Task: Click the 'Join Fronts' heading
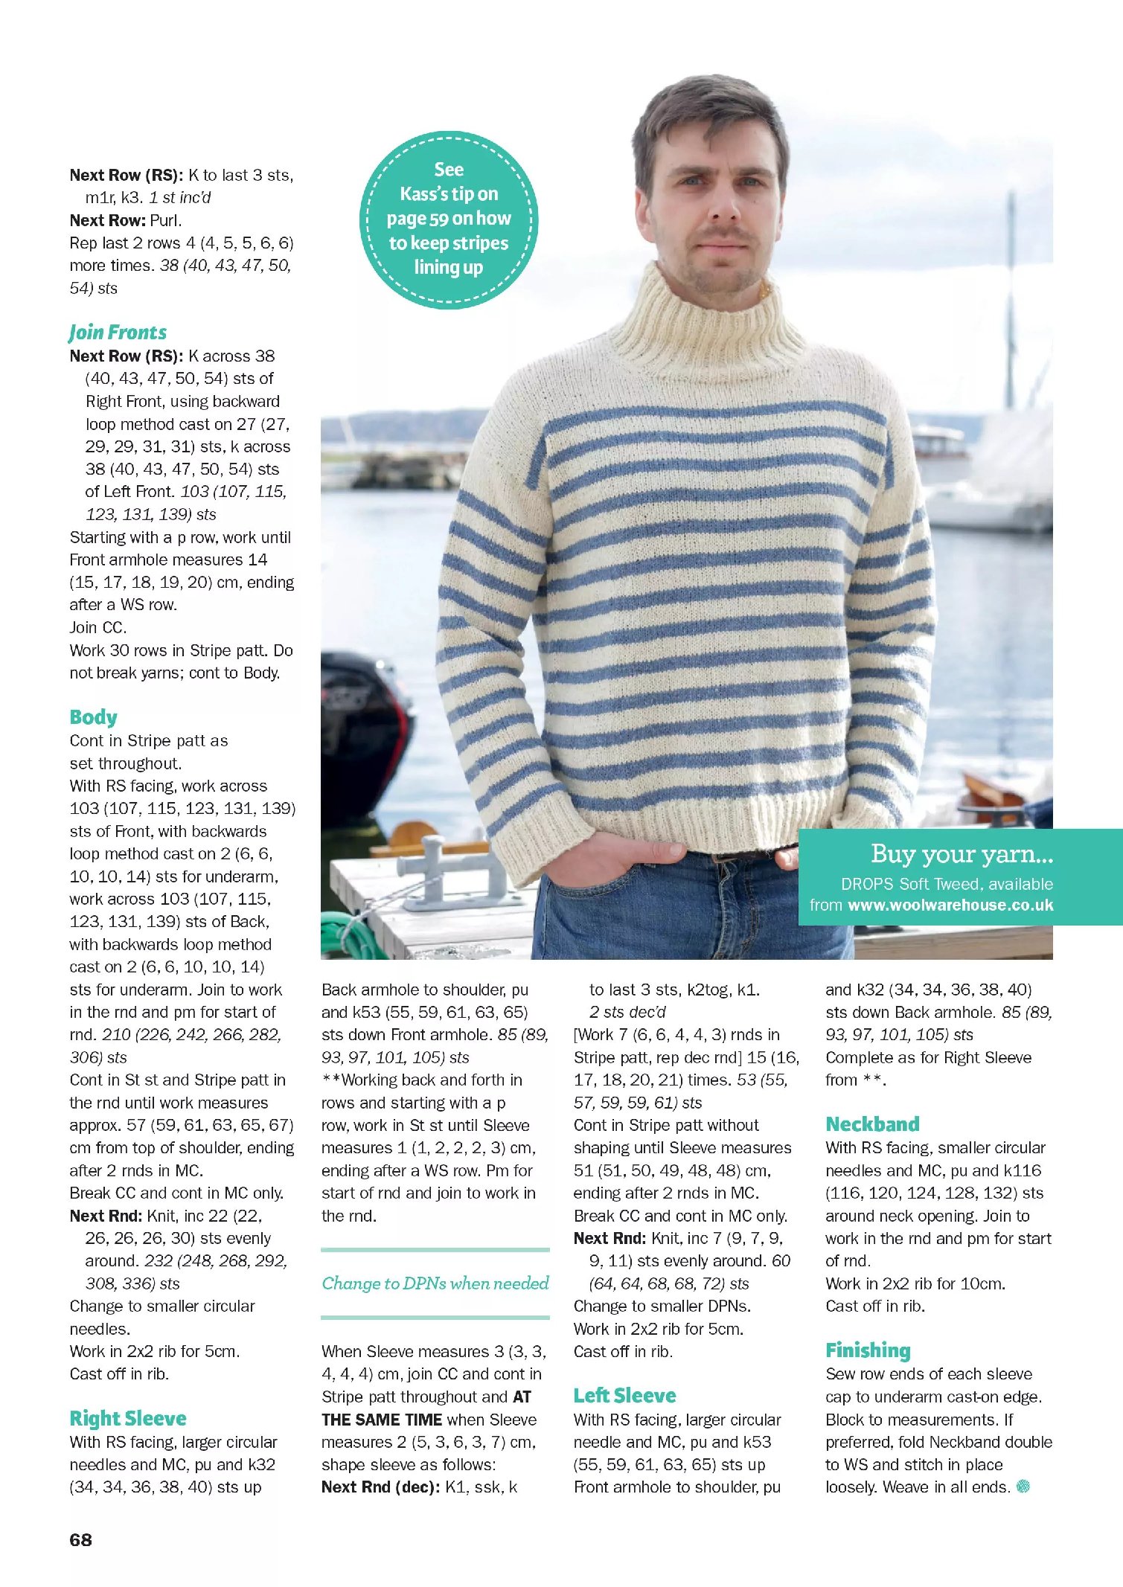pos(118,333)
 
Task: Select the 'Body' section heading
pos(93,717)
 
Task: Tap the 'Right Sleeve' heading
pos(128,1418)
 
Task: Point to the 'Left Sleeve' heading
pos(624,1395)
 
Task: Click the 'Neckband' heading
pos(872,1124)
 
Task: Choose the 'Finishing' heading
pos(868,1350)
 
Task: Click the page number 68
pos(80,1540)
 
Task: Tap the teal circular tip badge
pos(449,219)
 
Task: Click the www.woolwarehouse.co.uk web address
pos(950,905)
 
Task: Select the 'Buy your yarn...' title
pos(962,854)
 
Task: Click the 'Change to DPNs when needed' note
pos(435,1283)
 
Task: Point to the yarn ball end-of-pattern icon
pos(1023,1487)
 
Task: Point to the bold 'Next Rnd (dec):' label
pos(380,1487)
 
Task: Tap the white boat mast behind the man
pos(1011,298)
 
